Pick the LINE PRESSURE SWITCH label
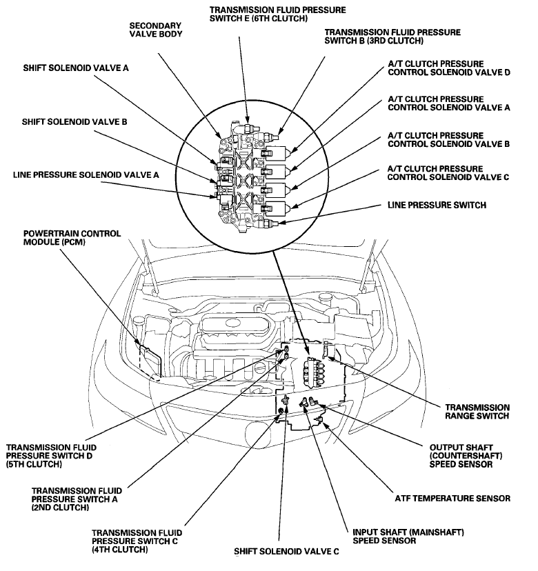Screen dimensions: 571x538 coord(436,205)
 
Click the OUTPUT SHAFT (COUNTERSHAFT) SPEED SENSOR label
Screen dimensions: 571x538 coord(461,454)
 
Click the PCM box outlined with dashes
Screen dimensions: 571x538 coord(150,362)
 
